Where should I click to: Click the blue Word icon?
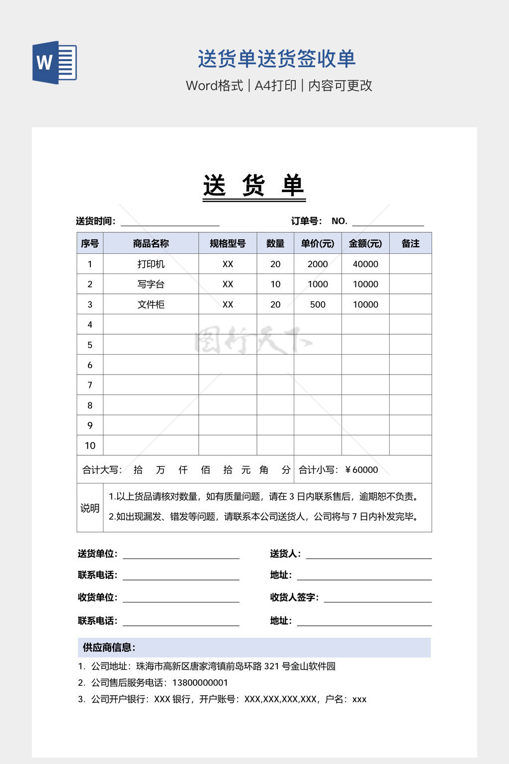55,63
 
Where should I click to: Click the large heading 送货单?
254,186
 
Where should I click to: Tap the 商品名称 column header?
151,243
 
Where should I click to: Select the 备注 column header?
410,243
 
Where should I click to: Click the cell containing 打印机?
151,264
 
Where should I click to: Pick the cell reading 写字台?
151,284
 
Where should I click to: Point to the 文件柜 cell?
151,304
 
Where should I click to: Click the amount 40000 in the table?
365,264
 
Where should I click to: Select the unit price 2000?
318,264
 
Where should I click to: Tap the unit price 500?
318,304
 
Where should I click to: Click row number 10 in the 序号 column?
90,446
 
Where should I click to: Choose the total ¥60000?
362,470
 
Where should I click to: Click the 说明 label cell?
90,508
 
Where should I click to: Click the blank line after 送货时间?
170,222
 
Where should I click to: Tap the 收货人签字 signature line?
377,598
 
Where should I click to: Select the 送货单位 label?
97,554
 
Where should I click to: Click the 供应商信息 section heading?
109,647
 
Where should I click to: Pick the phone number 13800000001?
200,682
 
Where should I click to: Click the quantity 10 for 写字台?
275,284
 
